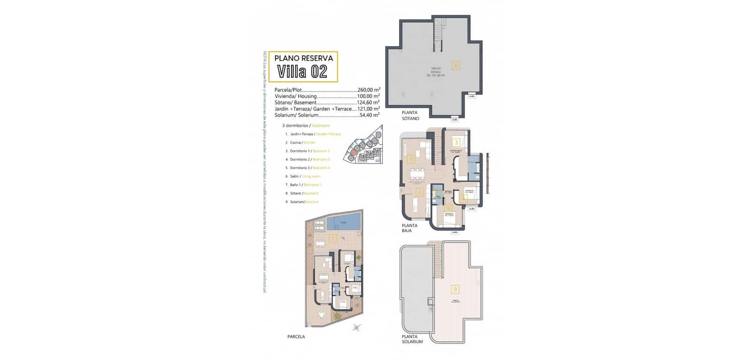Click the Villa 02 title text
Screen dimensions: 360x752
pos(302,72)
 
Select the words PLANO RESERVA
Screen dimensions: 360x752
pos(304,58)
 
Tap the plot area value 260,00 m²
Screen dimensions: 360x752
pos(368,90)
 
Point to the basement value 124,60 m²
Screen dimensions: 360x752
pos(368,102)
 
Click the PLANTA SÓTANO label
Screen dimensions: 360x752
pos(410,116)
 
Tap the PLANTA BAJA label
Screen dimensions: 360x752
pos(409,228)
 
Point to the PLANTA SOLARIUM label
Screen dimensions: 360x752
pos(412,339)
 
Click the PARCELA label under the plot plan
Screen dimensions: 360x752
pos(296,337)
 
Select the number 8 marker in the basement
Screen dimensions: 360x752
pos(455,65)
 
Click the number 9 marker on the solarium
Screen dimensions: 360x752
pos(454,289)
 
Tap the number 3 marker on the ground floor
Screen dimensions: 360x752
pos(456,142)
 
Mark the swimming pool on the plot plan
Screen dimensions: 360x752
pos(344,222)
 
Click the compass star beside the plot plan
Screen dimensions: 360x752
pos(357,328)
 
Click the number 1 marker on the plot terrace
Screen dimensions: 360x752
pos(333,239)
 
